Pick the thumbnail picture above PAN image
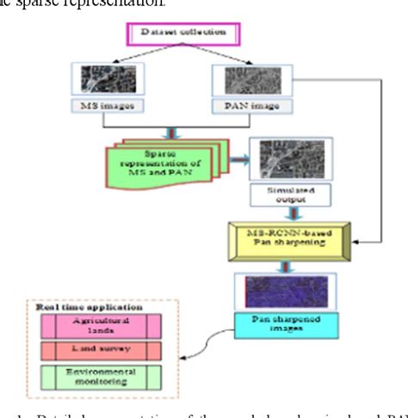coord(242,80)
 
